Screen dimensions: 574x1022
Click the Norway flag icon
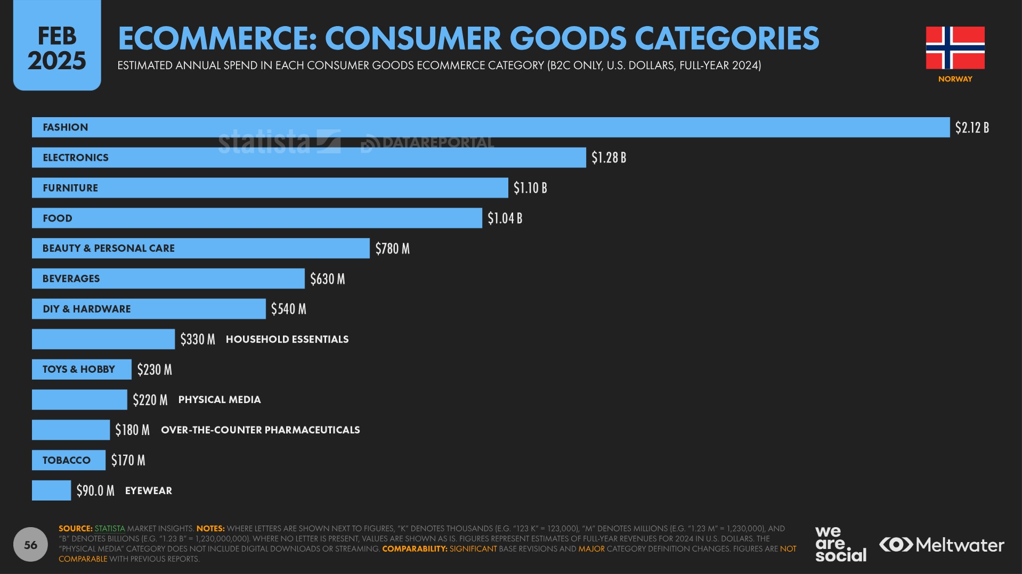pyautogui.click(x=955, y=48)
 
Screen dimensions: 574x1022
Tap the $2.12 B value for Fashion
pyautogui.click(x=971, y=128)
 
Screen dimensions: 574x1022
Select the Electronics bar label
pyautogui.click(x=76, y=158)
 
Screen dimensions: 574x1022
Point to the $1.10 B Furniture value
pyautogui.click(x=530, y=188)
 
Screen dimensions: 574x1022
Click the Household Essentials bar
pyautogui.click(x=103, y=339)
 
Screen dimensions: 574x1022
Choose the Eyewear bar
pyautogui.click(x=51, y=490)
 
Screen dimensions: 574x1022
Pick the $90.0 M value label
pyautogui.click(x=95, y=490)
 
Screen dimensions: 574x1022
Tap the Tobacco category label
pyautogui.click(x=67, y=460)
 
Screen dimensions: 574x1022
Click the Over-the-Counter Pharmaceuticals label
pyautogui.click(x=260, y=430)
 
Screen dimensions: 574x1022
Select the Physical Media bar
pyautogui.click(x=79, y=400)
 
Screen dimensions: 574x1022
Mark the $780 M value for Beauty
pyautogui.click(x=392, y=249)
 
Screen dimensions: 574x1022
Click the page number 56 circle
pyautogui.click(x=30, y=544)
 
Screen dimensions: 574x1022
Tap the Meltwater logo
pyautogui.click(x=942, y=545)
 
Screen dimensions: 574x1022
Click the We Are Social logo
pyautogui.click(x=840, y=544)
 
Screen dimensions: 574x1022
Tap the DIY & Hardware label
pyautogui.click(x=86, y=309)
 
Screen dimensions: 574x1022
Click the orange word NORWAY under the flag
pyautogui.click(x=955, y=79)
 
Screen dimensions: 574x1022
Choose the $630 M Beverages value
pyautogui.click(x=327, y=279)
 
